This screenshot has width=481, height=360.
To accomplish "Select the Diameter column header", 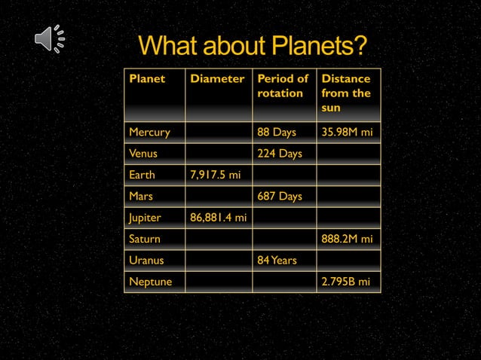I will tap(217, 79).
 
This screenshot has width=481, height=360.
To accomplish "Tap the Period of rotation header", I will tap(283, 86).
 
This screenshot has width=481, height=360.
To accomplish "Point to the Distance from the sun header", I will tap(345, 93).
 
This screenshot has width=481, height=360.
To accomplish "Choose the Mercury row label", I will tap(149, 133).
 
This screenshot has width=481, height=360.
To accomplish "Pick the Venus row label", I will tap(143, 154).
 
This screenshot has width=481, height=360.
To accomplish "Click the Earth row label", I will tap(142, 175).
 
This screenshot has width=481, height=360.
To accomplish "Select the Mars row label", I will tap(141, 197).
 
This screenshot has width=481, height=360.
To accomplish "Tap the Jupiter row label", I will tap(146, 218).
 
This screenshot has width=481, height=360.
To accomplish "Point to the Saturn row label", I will tap(145, 239).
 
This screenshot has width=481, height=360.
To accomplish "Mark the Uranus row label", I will tap(146, 261).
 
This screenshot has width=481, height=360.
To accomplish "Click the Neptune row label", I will tap(150, 282).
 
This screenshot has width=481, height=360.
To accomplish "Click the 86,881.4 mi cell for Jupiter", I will tap(218, 218).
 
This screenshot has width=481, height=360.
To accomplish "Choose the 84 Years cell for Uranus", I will tap(277, 261).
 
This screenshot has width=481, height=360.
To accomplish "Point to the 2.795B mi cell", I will tap(345, 282).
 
